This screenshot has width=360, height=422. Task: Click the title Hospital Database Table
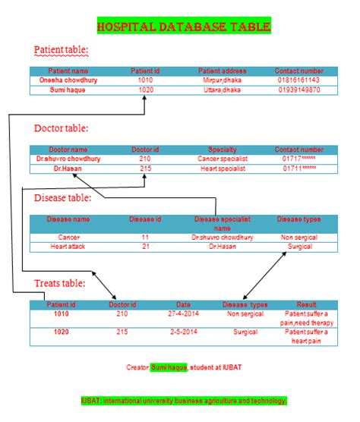coord(183,27)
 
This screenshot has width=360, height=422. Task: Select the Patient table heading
coord(62,51)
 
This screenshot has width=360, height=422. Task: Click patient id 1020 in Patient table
coord(145,90)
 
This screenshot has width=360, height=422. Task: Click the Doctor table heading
coord(61,128)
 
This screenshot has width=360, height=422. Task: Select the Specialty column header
coord(222,150)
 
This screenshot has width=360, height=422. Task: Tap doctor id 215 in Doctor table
coord(144,168)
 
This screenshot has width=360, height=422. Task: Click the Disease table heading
coord(63,198)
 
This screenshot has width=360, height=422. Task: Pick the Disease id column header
coord(145,219)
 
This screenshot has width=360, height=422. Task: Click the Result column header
coord(306,304)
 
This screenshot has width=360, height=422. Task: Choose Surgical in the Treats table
coord(245,332)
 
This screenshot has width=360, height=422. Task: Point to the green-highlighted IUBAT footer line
coord(183,400)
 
